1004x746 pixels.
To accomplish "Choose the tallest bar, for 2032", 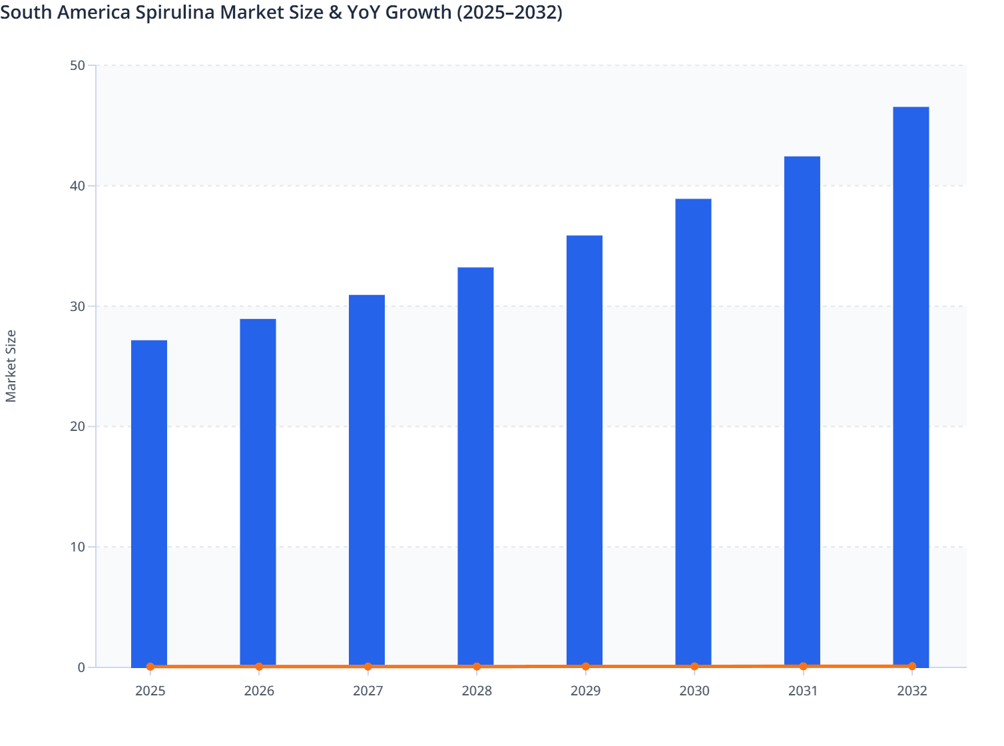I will click(911, 386).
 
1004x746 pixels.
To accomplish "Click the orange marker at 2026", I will click(259, 667).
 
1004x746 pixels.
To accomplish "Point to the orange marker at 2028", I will click(477, 667).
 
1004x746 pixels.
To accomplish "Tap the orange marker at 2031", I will click(803, 666).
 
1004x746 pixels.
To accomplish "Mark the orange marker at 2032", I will click(912, 666).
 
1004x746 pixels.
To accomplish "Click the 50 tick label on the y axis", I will click(77, 65).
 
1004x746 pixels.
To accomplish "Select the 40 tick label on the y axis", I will click(77, 186).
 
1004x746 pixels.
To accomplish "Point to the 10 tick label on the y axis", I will click(77, 547).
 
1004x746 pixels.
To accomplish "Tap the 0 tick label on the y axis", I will click(81, 667).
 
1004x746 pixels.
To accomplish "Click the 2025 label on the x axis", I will click(150, 691).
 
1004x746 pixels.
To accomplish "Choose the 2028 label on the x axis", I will click(477, 691).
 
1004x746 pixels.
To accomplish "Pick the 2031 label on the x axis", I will click(803, 691).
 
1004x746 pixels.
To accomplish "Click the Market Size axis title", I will click(11, 366).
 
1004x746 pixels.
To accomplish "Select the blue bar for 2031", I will click(802, 411).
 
